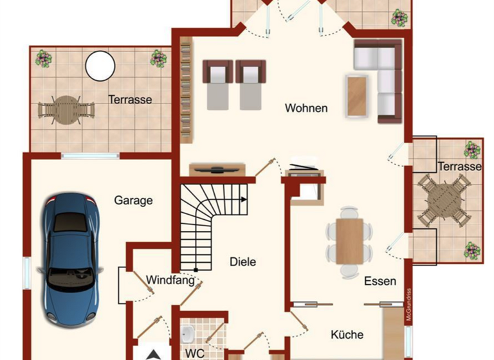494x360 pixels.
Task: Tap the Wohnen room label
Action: click(x=306, y=108)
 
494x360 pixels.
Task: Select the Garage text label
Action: click(x=134, y=200)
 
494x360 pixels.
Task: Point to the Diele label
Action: click(x=243, y=262)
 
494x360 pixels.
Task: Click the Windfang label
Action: click(x=170, y=280)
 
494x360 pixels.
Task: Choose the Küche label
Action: click(x=347, y=334)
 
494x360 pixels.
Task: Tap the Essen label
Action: click(x=380, y=281)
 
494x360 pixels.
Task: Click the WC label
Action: click(x=195, y=353)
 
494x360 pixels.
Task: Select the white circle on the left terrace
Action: click(x=100, y=65)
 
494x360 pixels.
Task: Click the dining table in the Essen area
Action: click(x=350, y=241)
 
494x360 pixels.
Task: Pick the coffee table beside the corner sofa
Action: click(x=357, y=96)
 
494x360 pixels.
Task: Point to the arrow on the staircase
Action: click(x=243, y=199)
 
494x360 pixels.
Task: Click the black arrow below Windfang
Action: click(x=153, y=354)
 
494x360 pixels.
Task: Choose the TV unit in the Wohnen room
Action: click(x=217, y=169)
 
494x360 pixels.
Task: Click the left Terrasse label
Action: click(x=130, y=100)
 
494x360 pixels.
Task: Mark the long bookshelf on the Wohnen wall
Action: click(x=187, y=90)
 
